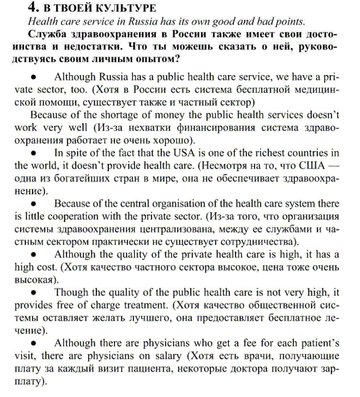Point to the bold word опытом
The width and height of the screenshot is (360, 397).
point(160,59)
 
